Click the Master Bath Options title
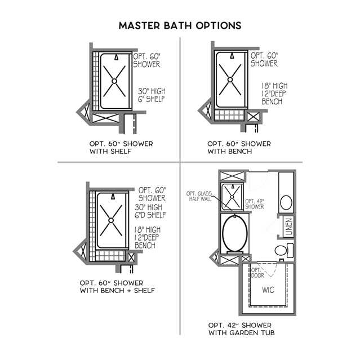click(180, 26)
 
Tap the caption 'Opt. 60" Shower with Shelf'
click(121, 148)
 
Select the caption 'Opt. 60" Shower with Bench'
click(239, 148)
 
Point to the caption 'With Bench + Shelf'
click(118, 290)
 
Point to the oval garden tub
click(234, 234)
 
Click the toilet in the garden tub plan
click(283, 250)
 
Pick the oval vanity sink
click(286, 202)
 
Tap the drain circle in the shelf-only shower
click(114, 81)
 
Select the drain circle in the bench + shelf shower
click(113, 221)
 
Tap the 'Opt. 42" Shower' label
click(254, 203)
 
